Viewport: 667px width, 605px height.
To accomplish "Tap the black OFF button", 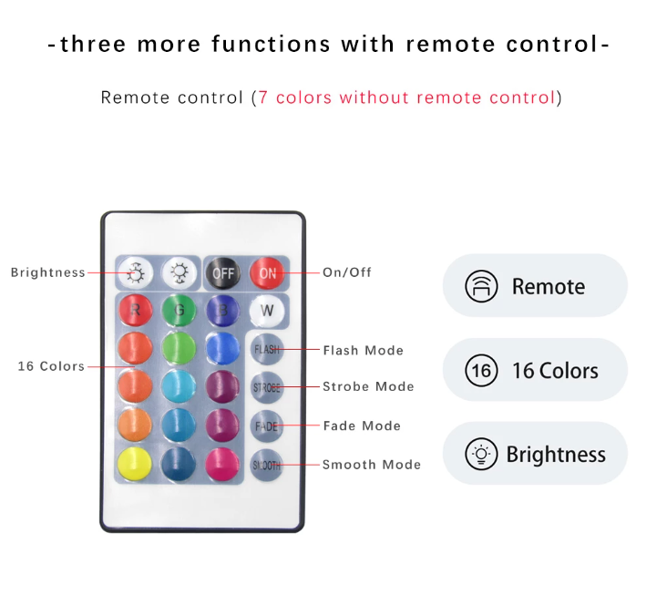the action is pyautogui.click(x=223, y=272).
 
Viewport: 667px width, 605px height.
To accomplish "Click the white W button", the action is pyautogui.click(x=267, y=311).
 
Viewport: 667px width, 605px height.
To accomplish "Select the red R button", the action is pyautogui.click(x=135, y=310).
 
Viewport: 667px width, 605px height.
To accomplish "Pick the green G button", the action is pyautogui.click(x=180, y=310).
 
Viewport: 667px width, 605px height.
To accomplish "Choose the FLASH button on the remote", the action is pyautogui.click(x=267, y=349).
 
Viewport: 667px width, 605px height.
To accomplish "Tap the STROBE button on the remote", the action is pyautogui.click(x=267, y=387).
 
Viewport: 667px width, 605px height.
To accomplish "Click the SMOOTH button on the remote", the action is pyautogui.click(x=267, y=465).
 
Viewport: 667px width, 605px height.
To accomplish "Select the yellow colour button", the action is pyautogui.click(x=135, y=464).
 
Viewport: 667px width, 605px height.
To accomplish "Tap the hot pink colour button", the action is pyautogui.click(x=222, y=464).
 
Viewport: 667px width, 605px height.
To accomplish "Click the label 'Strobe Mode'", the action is pyautogui.click(x=368, y=386).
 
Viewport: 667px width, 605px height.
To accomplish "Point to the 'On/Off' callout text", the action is pyautogui.click(x=347, y=272).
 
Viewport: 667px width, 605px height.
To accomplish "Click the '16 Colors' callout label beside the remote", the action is pyautogui.click(x=51, y=366).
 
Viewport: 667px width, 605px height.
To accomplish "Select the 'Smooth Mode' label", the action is pyautogui.click(x=372, y=464).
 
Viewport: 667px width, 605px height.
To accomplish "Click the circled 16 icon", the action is pyautogui.click(x=481, y=371).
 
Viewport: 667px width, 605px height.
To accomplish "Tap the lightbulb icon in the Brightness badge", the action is pyautogui.click(x=481, y=454).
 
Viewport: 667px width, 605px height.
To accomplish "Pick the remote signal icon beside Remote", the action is pyautogui.click(x=481, y=286).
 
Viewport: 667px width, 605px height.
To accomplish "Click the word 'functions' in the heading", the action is pyautogui.click(x=272, y=44).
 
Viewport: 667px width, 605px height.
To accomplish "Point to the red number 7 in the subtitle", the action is pyautogui.click(x=263, y=97).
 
